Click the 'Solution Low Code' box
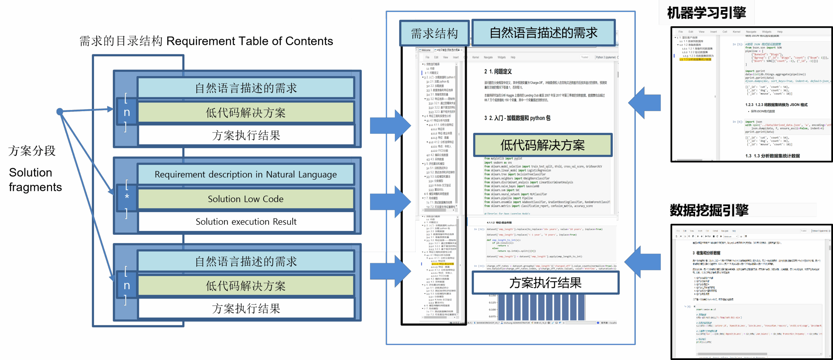(246, 199)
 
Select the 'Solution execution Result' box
(246, 221)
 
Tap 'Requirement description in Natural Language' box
(246, 175)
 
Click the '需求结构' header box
(434, 33)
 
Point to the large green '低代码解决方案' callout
(542, 145)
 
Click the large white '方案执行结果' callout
(545, 283)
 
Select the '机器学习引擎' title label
(706, 13)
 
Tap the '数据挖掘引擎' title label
(709, 210)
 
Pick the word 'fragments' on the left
(35, 187)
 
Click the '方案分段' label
(32, 151)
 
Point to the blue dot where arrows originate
(60, 112)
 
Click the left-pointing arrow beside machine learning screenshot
(644, 103)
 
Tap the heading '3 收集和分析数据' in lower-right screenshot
(706, 253)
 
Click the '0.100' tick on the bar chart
(492, 310)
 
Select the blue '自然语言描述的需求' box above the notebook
(543, 33)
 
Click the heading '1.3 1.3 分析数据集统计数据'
(772, 156)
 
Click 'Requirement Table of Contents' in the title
(250, 41)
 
